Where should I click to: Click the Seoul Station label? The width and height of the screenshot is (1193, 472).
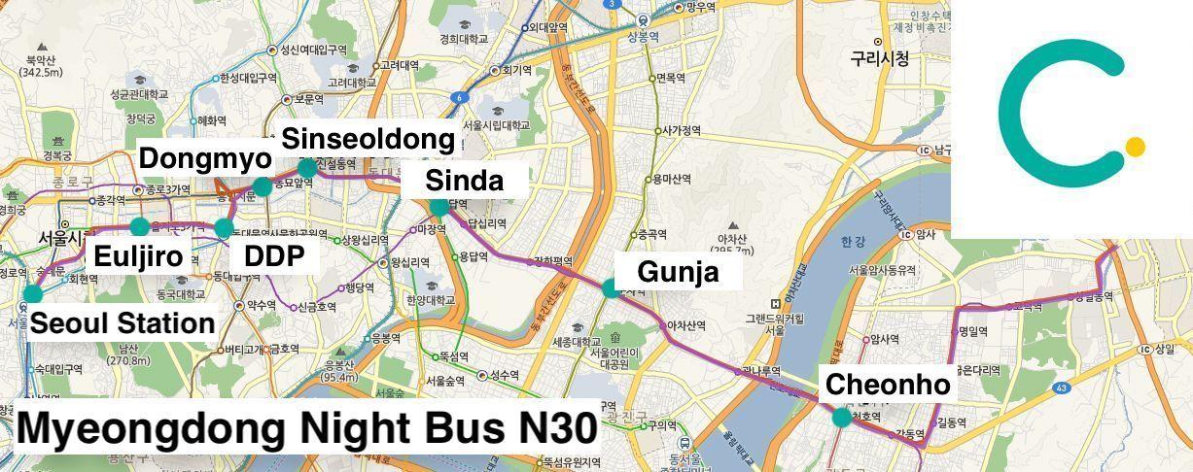click(x=122, y=323)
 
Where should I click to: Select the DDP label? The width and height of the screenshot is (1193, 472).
click(x=274, y=256)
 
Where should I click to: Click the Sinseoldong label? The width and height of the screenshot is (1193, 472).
click(x=368, y=139)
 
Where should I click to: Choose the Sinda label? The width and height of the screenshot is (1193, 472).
click(x=465, y=181)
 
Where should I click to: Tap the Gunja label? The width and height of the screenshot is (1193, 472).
click(x=679, y=272)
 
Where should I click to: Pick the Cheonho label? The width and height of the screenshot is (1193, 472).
click(x=887, y=385)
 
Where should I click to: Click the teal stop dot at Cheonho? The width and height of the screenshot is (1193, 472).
click(x=841, y=418)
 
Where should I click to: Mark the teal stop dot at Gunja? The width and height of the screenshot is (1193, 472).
click(x=610, y=287)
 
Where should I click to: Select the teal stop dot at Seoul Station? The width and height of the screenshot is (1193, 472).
click(x=32, y=293)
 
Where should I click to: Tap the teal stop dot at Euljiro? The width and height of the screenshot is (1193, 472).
click(x=139, y=227)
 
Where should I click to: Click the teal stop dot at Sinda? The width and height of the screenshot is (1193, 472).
click(x=439, y=206)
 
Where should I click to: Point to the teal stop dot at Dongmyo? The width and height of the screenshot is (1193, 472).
click(x=262, y=187)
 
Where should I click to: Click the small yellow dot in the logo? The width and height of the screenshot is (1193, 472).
click(x=1135, y=147)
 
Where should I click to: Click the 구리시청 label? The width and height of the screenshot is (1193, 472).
click(x=880, y=59)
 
